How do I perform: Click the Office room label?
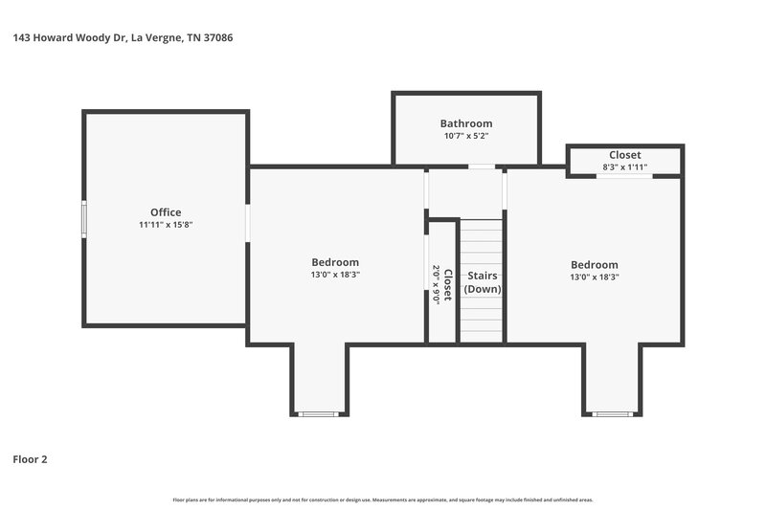pyautogui.click(x=166, y=212)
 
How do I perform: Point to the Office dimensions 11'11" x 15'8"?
pyautogui.click(x=166, y=225)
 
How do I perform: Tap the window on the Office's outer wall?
pyautogui.click(x=83, y=218)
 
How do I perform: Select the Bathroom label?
pyautogui.click(x=466, y=123)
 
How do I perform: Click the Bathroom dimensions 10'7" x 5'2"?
pyautogui.click(x=466, y=136)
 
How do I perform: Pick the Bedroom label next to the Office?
pyautogui.click(x=335, y=262)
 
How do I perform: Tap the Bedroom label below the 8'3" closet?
pyautogui.click(x=595, y=265)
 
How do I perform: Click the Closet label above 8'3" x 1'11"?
pyautogui.click(x=624, y=155)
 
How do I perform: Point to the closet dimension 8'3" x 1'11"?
pyautogui.click(x=624, y=167)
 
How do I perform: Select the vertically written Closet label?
pyautogui.click(x=447, y=285)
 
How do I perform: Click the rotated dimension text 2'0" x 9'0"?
pyautogui.click(x=436, y=285)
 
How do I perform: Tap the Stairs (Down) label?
pyautogui.click(x=483, y=282)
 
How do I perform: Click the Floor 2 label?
pyautogui.click(x=30, y=459)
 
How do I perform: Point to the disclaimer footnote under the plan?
pyautogui.click(x=383, y=499)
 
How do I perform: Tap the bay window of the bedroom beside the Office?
pyautogui.click(x=319, y=413)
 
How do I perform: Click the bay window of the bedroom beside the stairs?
pyautogui.click(x=612, y=413)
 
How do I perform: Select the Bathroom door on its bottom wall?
pyautogui.click(x=482, y=166)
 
